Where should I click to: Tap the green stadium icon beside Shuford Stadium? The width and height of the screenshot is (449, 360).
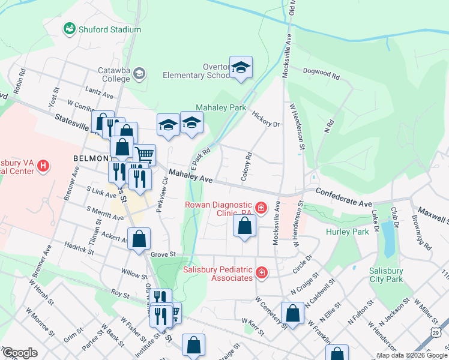coord(70,29)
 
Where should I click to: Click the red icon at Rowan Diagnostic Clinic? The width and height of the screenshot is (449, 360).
coord(261,208)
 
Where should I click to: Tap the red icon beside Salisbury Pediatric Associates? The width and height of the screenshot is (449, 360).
coord(261,274)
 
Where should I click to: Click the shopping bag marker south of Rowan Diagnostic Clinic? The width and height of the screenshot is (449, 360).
coord(244,226)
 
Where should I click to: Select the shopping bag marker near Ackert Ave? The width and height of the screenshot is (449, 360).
coord(139,239)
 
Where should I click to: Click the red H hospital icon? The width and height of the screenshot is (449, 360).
coord(43,165)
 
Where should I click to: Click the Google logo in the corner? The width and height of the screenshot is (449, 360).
coord(20,352)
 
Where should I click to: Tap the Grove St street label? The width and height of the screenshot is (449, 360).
coord(162,255)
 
